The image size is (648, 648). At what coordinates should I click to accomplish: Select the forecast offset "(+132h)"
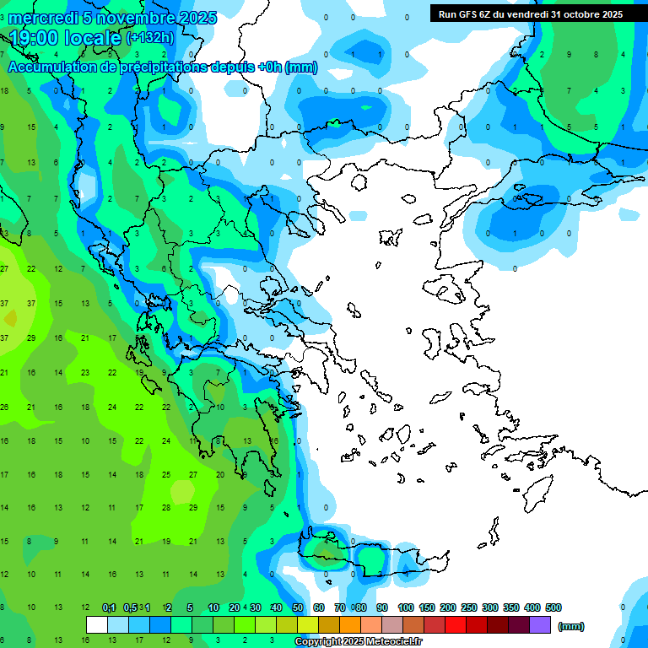[149, 38]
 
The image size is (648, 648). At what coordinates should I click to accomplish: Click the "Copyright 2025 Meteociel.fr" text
[363, 642]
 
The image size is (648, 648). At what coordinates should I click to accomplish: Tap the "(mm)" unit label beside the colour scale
[571, 626]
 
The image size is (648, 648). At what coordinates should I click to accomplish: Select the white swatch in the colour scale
[97, 625]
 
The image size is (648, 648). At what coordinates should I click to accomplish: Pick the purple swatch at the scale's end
[540, 625]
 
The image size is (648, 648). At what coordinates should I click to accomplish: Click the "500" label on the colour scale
[553, 607]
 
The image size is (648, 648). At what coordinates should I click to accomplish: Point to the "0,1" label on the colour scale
[109, 607]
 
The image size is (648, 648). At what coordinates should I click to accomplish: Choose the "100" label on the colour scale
[406, 607]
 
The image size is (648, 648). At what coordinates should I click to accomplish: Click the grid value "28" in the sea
[166, 508]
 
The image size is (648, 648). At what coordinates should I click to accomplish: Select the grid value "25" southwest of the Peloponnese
[166, 475]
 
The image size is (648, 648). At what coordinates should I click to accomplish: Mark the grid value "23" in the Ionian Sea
[85, 372]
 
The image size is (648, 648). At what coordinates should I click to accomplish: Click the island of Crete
[371, 557]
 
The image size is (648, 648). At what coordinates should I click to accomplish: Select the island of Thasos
[359, 181]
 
